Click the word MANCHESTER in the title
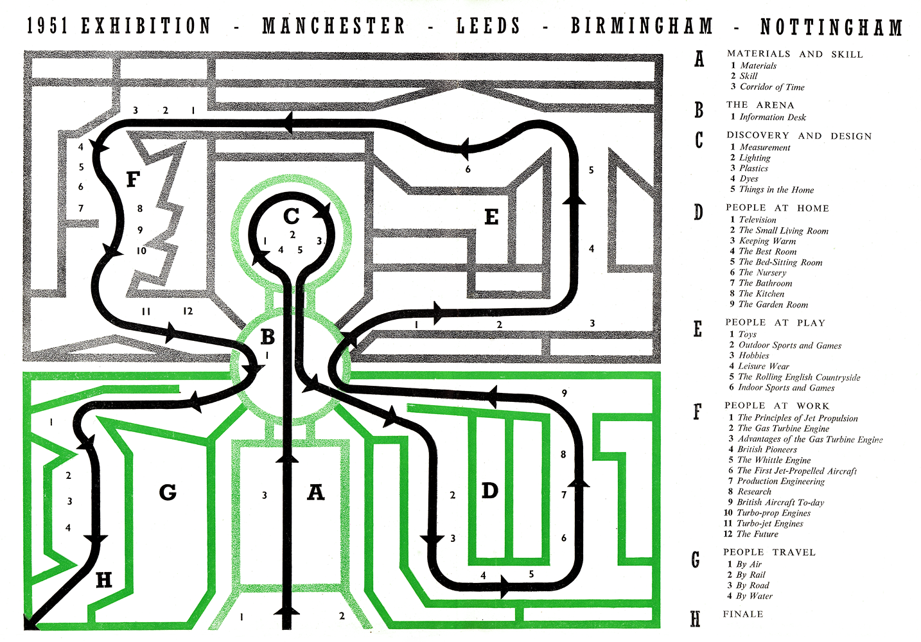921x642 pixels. click(x=333, y=26)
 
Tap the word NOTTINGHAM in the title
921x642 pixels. click(x=831, y=28)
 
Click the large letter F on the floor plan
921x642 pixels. click(x=132, y=179)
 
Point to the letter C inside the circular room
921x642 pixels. click(x=291, y=217)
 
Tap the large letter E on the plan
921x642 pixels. click(x=491, y=217)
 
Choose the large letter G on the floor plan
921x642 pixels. click(x=168, y=492)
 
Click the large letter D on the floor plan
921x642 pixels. click(x=489, y=491)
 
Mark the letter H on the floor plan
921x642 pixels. click(x=103, y=580)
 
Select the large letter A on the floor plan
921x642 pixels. click(x=315, y=492)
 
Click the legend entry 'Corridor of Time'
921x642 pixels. click(x=771, y=87)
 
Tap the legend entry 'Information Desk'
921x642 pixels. click(x=772, y=117)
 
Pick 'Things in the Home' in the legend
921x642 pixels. click(x=776, y=189)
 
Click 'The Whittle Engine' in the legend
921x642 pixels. click(x=773, y=460)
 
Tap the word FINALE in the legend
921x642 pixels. click(x=743, y=614)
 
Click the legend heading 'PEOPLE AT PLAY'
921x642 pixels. click(x=775, y=322)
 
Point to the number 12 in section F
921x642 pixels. click(x=188, y=311)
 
